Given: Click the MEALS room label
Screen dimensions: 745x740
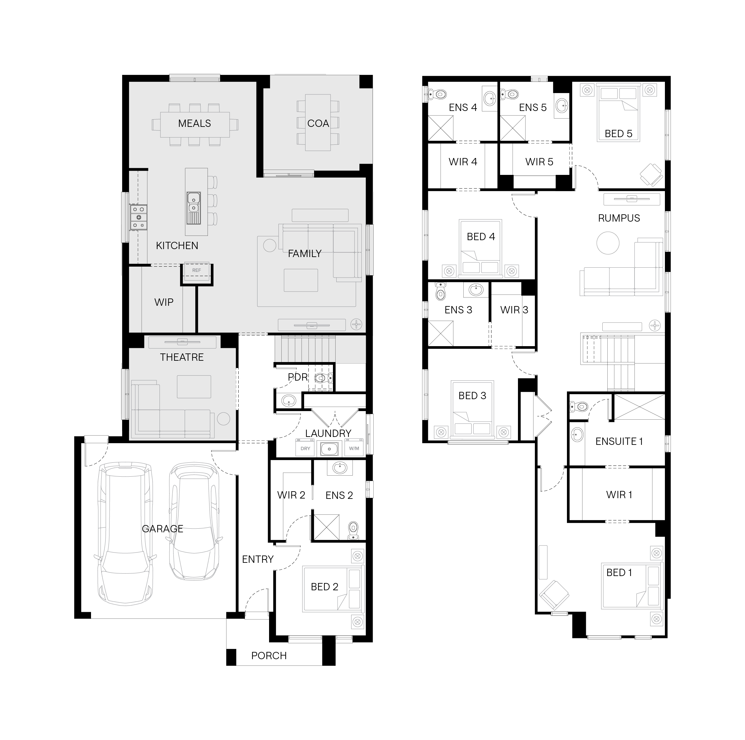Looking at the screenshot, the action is [x=194, y=124].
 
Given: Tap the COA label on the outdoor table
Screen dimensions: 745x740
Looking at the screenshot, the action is [x=318, y=124].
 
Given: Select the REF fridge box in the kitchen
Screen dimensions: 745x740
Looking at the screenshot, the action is [x=197, y=270].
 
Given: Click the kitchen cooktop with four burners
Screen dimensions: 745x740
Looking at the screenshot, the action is [x=138, y=217].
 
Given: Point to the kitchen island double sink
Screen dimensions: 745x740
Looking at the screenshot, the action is [x=193, y=208].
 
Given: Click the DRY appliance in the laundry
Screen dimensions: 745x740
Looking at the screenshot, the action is [x=305, y=448].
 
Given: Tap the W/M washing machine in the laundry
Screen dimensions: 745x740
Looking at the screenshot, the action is [x=354, y=448].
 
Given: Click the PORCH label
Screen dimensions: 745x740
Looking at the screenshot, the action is [x=269, y=656].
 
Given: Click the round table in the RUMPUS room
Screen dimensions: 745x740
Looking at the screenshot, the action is [x=608, y=243].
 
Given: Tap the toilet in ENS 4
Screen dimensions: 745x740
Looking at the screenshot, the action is [x=437, y=94].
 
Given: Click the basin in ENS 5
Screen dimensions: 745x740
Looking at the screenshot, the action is [x=561, y=104].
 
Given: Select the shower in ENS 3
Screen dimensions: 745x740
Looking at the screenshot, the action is [x=441, y=333].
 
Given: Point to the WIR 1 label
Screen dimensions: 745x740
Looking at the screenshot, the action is [x=619, y=495].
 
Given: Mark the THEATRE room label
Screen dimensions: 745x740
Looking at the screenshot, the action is [x=182, y=357].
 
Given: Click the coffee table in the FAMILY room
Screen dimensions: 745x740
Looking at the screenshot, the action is [x=301, y=280].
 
